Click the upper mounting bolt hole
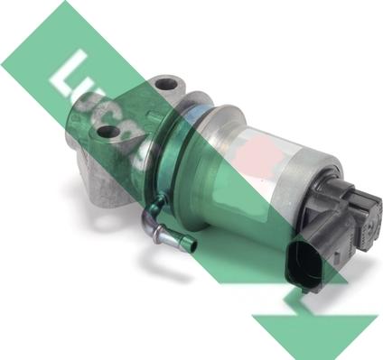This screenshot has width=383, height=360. [x=166, y=84]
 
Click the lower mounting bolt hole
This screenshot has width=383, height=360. [x=107, y=133]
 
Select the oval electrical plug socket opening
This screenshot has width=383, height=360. [x=300, y=266]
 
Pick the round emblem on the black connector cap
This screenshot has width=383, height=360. [x=372, y=223]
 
